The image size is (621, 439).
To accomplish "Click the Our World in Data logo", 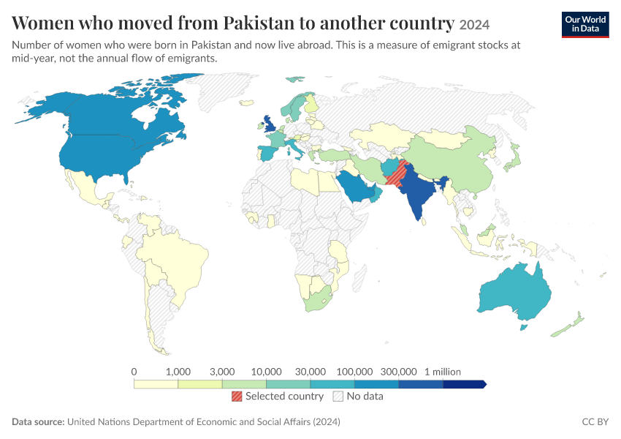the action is [x=585, y=25].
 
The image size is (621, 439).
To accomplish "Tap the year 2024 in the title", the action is [x=474, y=25].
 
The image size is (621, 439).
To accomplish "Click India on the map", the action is [x=418, y=195].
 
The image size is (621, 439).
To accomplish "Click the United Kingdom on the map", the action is [x=270, y=124].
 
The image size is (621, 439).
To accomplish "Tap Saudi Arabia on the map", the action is [x=357, y=187].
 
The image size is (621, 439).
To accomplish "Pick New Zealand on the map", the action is [x=569, y=326].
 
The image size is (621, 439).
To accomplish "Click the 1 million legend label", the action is [x=443, y=372].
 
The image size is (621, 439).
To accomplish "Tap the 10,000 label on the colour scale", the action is [x=266, y=372].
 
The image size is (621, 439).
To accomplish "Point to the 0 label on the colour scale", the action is [x=134, y=372].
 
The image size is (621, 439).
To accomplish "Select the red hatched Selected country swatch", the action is [x=237, y=396].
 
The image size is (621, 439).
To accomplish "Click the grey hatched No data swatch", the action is [x=338, y=396].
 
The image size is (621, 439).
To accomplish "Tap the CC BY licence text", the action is [x=595, y=421].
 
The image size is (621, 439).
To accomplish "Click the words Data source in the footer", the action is [x=38, y=421].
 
